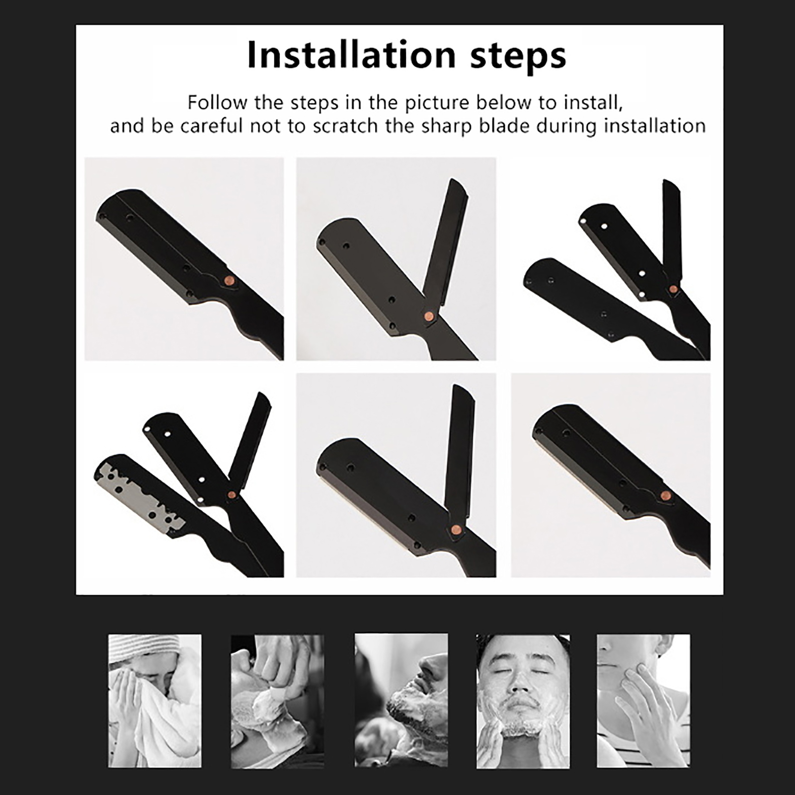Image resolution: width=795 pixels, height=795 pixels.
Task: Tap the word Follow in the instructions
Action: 217,102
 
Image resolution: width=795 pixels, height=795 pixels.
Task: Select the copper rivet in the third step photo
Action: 673,289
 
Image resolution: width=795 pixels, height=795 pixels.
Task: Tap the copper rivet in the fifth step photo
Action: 455,530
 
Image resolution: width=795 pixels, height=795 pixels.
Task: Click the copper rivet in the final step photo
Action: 666,495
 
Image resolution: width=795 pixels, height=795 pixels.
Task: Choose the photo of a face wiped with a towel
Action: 155,701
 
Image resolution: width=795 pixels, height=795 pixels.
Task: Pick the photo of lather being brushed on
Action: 277,701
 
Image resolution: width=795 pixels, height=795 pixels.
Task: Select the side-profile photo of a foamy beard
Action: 401,701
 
